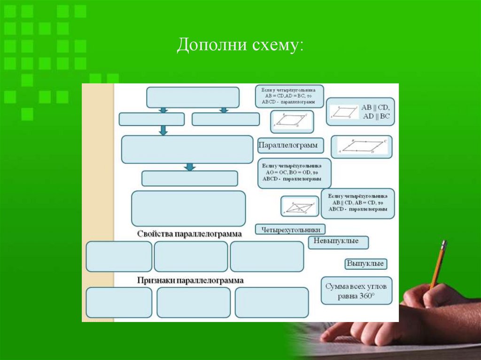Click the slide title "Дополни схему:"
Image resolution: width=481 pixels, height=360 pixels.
240,46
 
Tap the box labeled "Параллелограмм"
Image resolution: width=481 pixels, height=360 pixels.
288,146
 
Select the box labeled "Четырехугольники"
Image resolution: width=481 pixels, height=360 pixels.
290,229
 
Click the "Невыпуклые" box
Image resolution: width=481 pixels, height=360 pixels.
338,242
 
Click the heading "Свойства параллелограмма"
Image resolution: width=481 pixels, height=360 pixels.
190,233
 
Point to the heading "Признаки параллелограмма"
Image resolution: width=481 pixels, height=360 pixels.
190,280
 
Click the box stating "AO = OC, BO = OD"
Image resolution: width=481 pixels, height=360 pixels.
294,173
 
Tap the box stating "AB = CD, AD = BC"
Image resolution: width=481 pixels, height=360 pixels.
289,96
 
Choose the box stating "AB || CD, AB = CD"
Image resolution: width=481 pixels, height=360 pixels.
358,203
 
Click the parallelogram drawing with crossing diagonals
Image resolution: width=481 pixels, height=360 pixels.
299,207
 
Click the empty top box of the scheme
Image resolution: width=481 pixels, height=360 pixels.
193,97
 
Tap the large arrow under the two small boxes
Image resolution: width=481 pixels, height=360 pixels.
163,130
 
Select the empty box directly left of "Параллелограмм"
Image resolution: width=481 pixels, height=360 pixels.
187,149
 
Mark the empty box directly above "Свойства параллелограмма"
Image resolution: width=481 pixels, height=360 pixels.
188,208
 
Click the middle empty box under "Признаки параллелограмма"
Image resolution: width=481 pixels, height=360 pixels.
194,302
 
